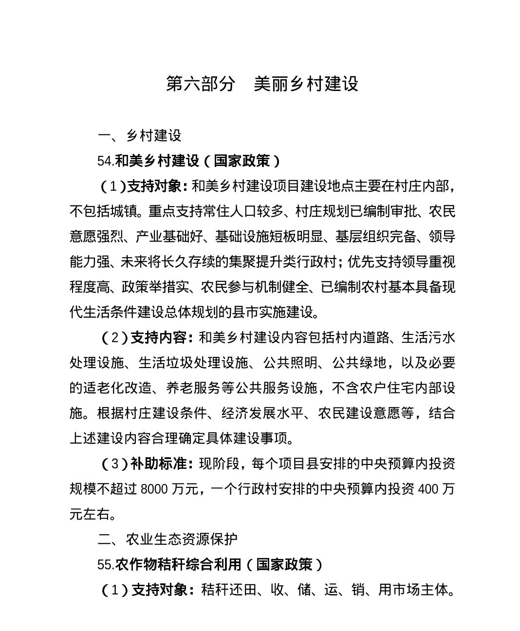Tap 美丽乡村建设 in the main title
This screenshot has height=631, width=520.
pyautogui.click(x=306, y=84)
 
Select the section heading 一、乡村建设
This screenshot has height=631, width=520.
pyautogui.click(x=139, y=135)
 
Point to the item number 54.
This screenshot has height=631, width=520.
pyautogui.click(x=105, y=161)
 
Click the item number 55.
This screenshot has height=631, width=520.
pyautogui.click(x=105, y=565)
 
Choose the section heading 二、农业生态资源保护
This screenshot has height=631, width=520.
pyautogui.click(x=167, y=539)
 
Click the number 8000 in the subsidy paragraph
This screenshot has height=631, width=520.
pyautogui.click(x=154, y=489)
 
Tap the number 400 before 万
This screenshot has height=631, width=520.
pyautogui.click(x=428, y=489)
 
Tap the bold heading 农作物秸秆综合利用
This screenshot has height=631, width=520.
pyautogui.click(x=178, y=565)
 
